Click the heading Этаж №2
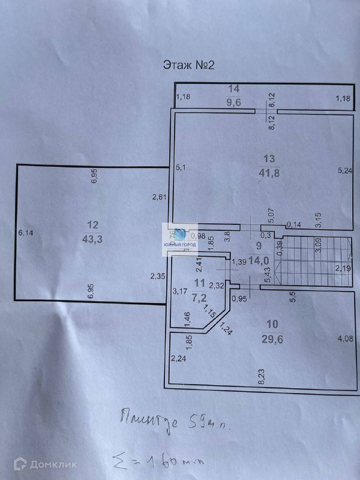click(x=188, y=65)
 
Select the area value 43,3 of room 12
click(x=92, y=238)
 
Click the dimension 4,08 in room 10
click(x=345, y=339)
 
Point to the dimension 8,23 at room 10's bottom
click(x=261, y=377)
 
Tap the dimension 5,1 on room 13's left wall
click(x=181, y=167)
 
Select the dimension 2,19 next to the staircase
click(x=343, y=268)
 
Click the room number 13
click(x=269, y=158)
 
